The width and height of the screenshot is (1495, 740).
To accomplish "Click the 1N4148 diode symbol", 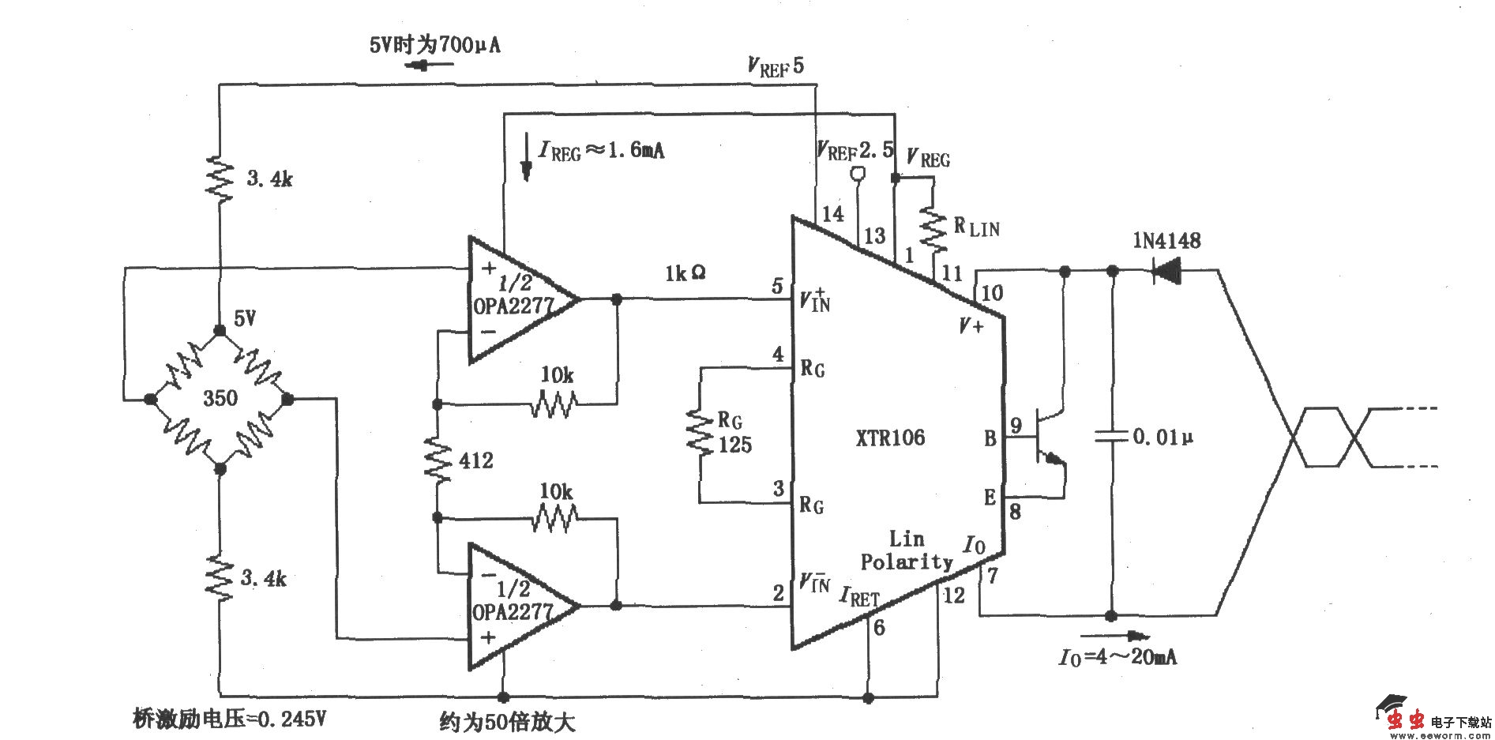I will (x=1167, y=271).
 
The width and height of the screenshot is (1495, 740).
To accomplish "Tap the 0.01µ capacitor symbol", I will (x=1111, y=436).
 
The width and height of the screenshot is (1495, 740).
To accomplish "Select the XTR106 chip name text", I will (x=890, y=438).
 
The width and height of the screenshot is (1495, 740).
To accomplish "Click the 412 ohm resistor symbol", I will (x=437, y=460).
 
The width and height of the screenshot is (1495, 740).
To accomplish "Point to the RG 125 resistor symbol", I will (x=700, y=434).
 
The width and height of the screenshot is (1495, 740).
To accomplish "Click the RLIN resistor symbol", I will (x=933, y=227).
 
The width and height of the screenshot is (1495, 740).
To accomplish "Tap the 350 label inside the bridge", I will (x=220, y=397).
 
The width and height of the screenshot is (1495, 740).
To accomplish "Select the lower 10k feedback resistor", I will (x=555, y=519).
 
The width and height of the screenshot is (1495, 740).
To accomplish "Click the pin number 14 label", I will (x=832, y=213).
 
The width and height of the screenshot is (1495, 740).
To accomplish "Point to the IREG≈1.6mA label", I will (x=601, y=150).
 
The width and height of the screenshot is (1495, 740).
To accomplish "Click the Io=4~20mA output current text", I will (x=1117, y=657).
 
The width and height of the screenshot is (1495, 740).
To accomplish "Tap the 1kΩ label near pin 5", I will (x=685, y=273).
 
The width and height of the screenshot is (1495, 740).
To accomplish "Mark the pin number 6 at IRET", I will (x=879, y=628).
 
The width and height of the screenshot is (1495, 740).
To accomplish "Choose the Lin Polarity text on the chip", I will (x=907, y=550).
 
